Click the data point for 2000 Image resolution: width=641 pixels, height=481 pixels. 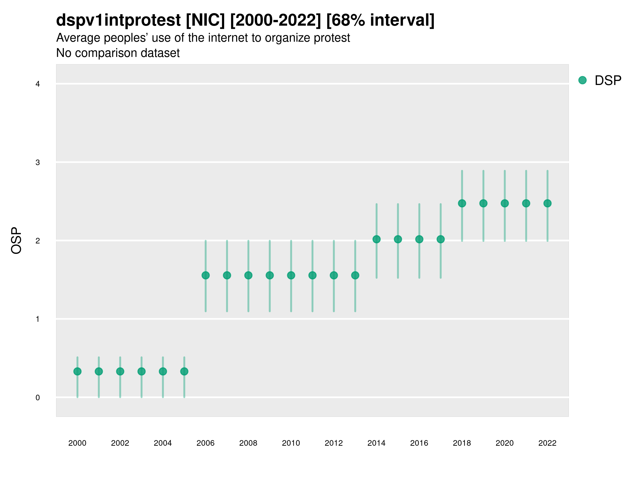[x=77, y=371]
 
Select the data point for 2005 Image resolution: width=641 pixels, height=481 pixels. [x=184, y=371]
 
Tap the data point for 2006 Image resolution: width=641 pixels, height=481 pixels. [x=206, y=275]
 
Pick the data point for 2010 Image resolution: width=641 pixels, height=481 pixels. [x=291, y=275]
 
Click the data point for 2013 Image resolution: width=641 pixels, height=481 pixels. [x=355, y=275]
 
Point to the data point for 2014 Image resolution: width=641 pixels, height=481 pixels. [x=377, y=239]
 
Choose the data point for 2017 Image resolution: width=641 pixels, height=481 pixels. [x=441, y=239]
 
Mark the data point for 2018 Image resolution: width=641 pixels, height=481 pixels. [x=462, y=203]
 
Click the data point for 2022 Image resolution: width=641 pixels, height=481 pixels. [x=548, y=203]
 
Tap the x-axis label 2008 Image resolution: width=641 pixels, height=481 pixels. [x=248, y=443]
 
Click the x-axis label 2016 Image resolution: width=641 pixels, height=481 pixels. [x=419, y=443]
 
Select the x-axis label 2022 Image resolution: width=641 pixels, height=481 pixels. [x=548, y=443]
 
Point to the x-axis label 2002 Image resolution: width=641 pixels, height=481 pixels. [x=120, y=443]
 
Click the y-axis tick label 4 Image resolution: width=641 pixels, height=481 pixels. [x=38, y=84]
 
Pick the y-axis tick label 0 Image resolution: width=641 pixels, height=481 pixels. [x=38, y=398]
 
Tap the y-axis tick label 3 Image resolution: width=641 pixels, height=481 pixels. [x=38, y=162]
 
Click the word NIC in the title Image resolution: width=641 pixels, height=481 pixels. [x=205, y=20]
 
